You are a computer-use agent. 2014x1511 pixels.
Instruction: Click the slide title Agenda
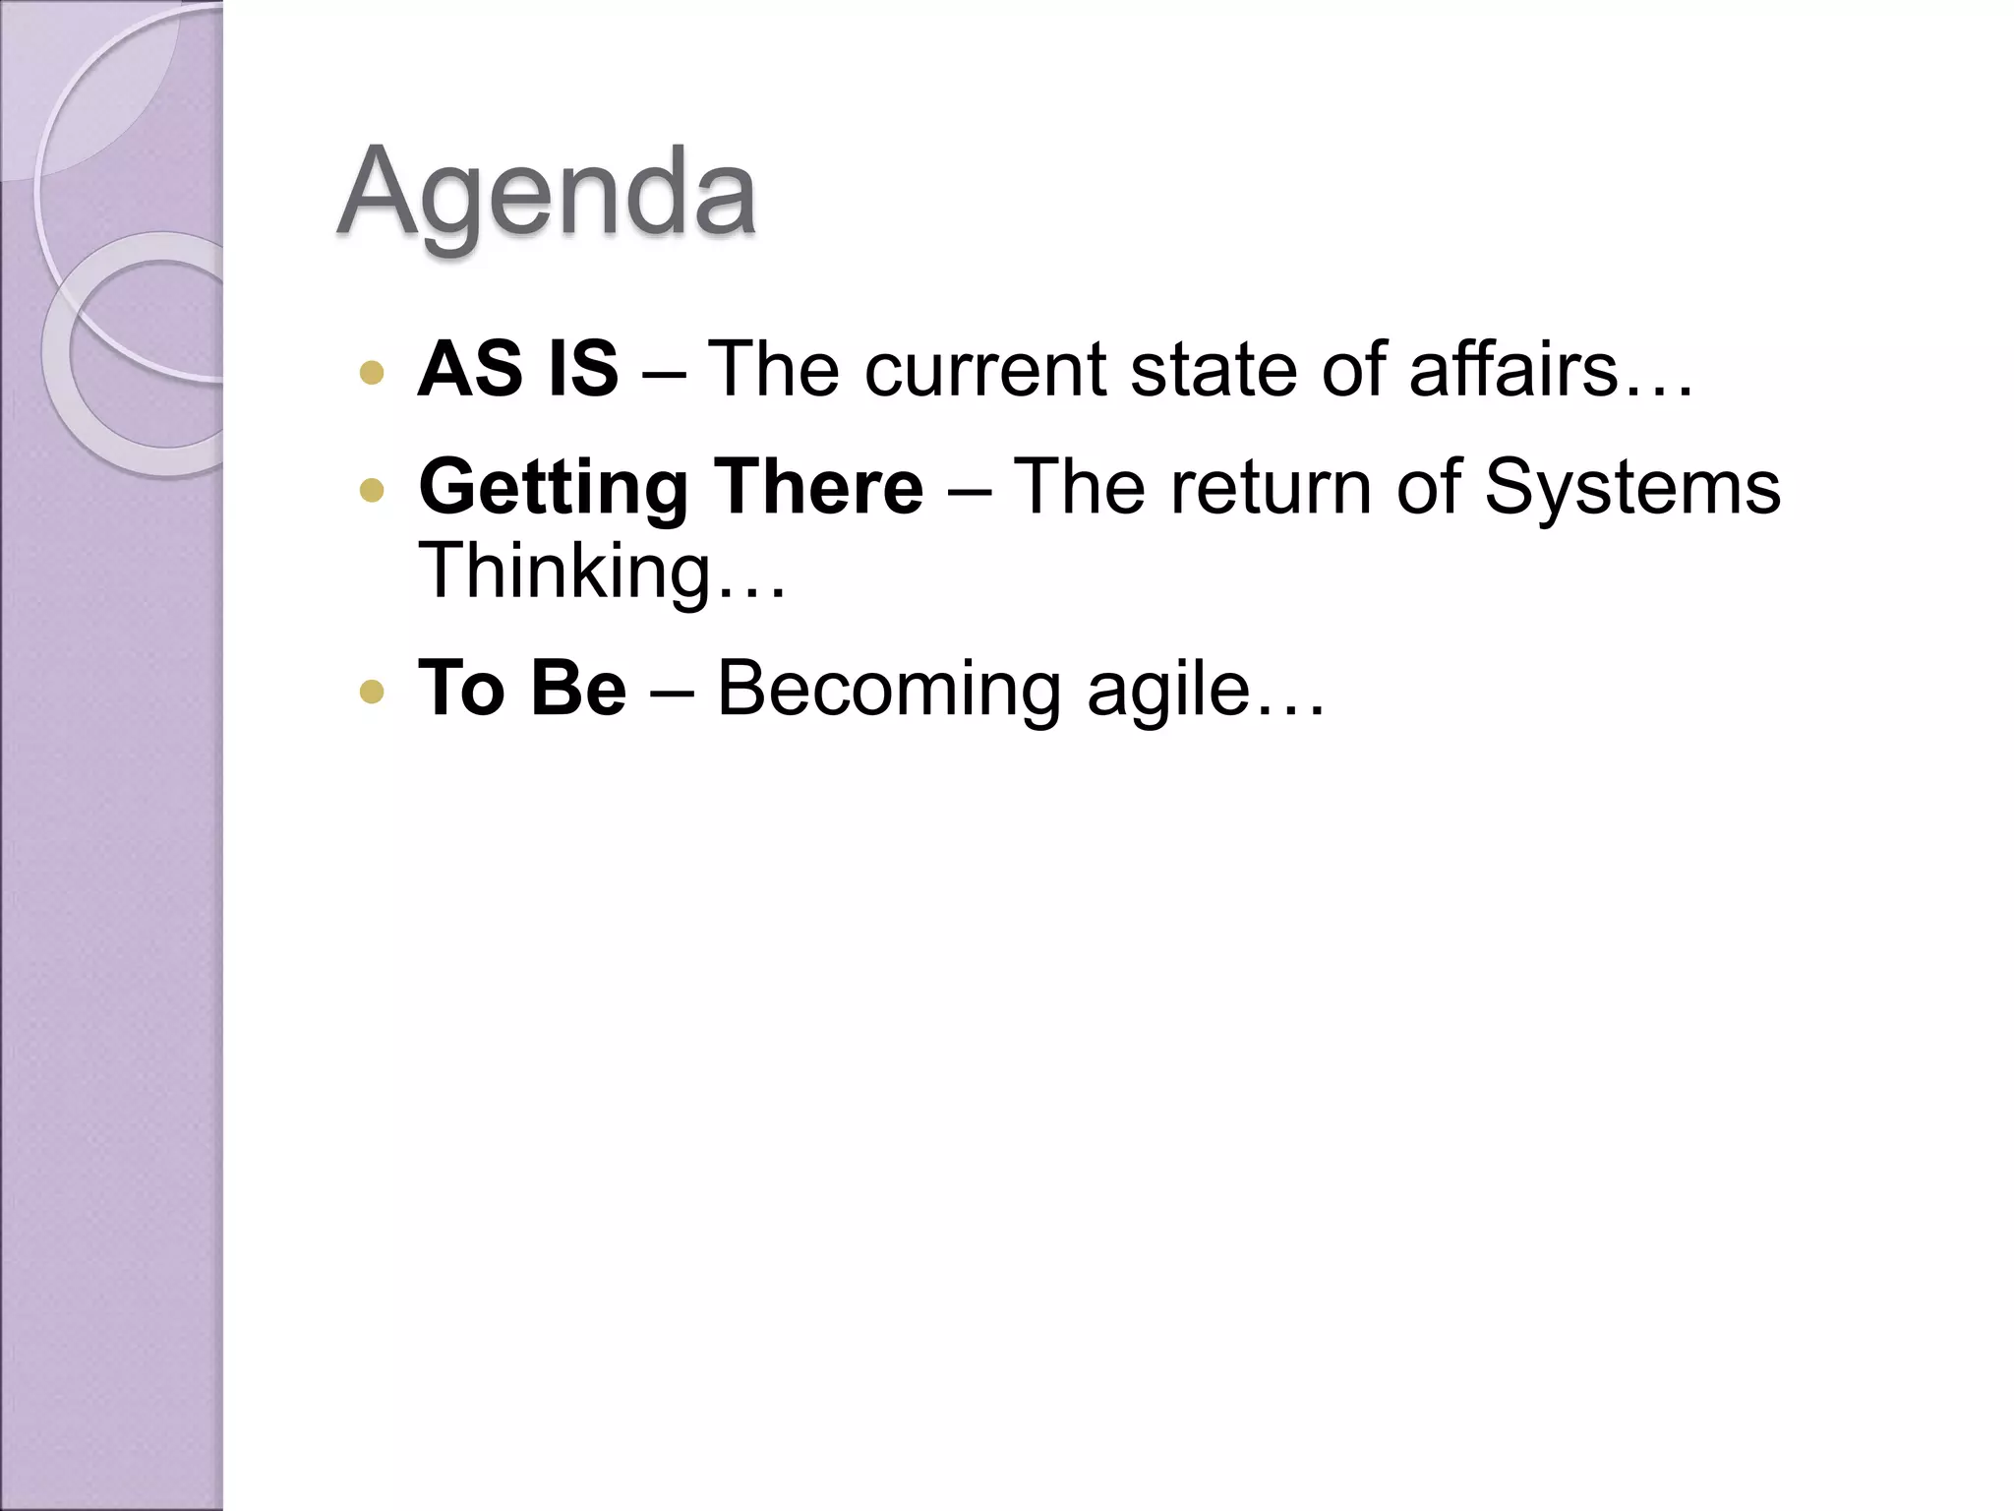[547, 193]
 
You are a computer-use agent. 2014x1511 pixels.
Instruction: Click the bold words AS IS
[518, 369]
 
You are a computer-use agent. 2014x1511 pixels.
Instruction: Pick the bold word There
[818, 486]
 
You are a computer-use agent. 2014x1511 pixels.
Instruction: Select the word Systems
[1631, 488]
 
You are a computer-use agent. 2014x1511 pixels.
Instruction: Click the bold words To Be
[522, 688]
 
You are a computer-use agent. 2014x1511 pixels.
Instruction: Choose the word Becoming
[889, 690]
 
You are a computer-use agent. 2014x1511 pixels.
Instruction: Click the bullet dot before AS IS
[372, 373]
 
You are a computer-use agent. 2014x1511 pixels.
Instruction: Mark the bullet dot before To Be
[372, 692]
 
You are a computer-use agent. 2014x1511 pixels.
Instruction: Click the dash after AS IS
[662, 374]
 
